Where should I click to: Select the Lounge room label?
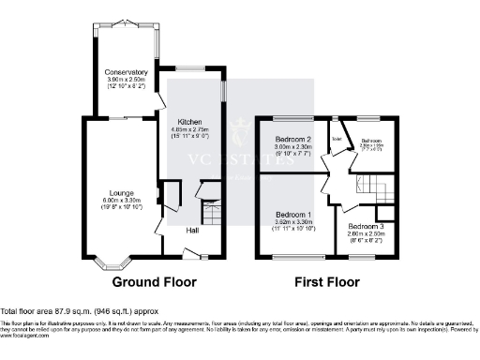coord(119,193)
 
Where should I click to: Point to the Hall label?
coord(191,230)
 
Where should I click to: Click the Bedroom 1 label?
coord(293,215)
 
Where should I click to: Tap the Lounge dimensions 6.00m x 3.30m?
coord(119,201)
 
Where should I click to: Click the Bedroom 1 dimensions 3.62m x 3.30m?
coord(293,222)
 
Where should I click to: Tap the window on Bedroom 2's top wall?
coord(294,116)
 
